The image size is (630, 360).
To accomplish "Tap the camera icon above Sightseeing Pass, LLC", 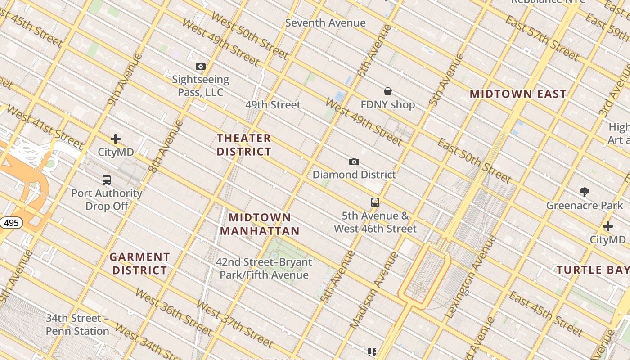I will (201, 67).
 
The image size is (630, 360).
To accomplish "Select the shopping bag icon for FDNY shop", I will (388, 92).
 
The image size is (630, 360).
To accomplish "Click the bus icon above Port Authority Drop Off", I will (107, 180).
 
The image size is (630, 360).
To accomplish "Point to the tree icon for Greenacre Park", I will (585, 192).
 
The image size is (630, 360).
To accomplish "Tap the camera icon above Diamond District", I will (354, 162).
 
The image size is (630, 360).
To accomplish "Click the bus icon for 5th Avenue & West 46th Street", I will (375, 202).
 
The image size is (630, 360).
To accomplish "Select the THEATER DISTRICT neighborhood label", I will (244, 145).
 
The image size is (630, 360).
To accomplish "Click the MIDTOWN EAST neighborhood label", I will (518, 94).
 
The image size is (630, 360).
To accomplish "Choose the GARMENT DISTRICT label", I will (140, 264).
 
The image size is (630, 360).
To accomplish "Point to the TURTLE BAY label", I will (593, 270).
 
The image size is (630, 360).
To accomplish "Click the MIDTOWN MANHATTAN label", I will (260, 225).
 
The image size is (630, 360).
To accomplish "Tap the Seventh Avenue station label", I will (325, 23).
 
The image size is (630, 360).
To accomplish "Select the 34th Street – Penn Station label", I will (77, 324).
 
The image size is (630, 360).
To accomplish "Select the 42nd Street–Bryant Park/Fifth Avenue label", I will (264, 268).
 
